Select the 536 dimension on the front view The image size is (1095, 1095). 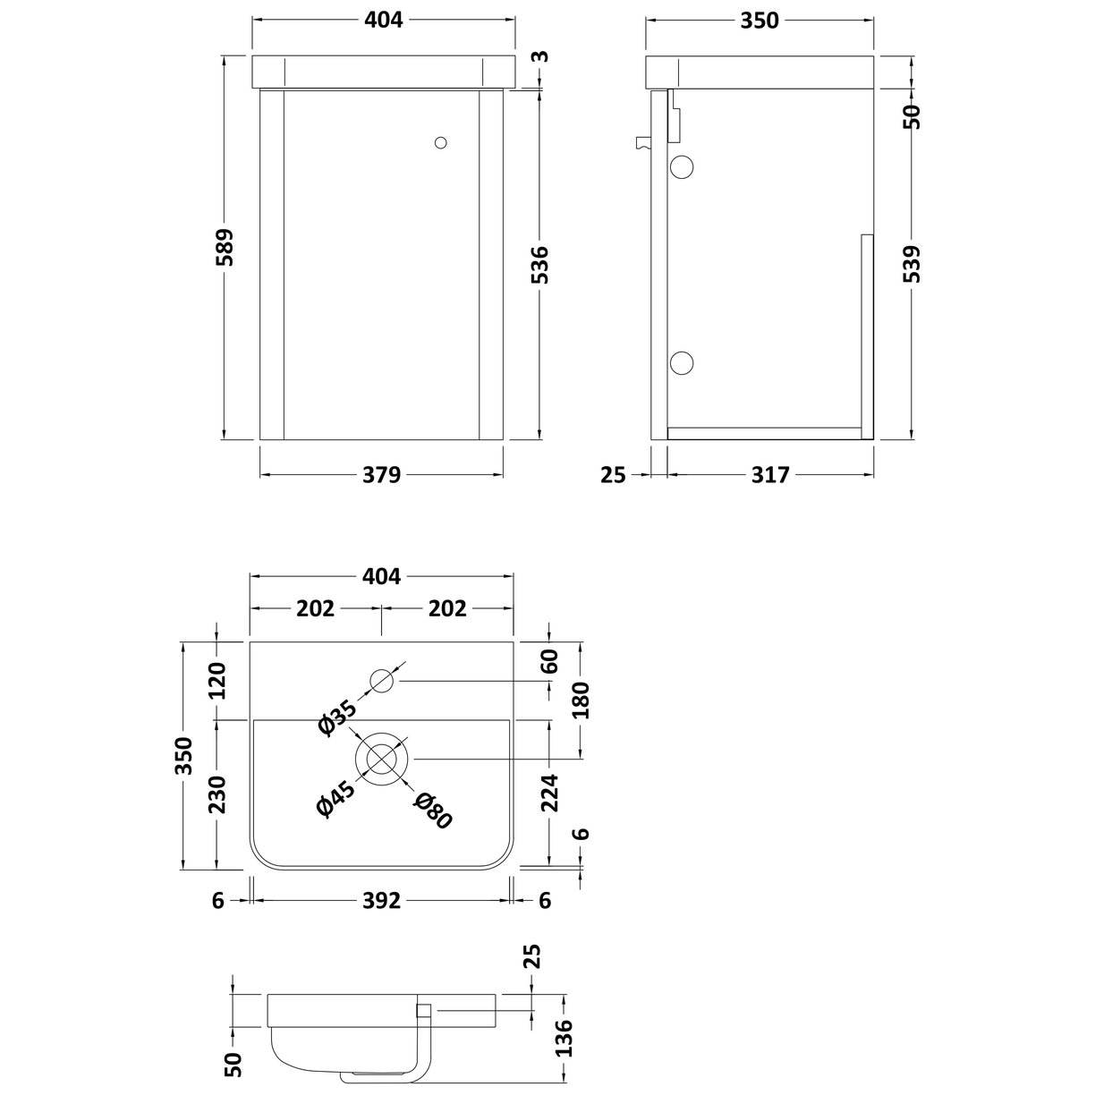point(541,265)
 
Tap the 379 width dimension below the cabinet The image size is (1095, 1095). point(382,475)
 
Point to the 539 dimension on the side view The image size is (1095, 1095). point(911,264)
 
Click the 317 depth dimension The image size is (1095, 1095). point(770,475)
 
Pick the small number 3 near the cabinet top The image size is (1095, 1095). point(539,57)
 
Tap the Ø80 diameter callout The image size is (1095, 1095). point(433,810)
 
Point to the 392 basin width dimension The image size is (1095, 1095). point(382,901)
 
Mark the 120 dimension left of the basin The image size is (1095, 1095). point(218,681)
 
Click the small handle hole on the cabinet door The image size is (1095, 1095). point(439,142)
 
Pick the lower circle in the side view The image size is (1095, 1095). point(682,362)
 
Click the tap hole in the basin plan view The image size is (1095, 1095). point(382,682)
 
